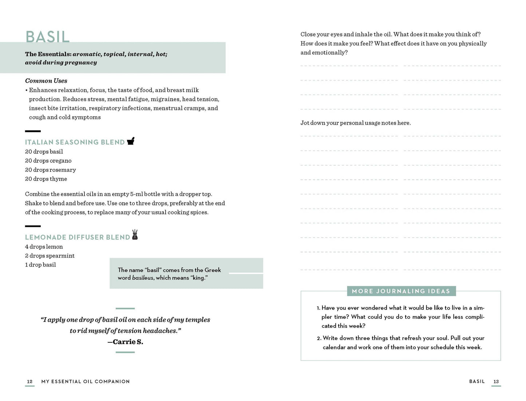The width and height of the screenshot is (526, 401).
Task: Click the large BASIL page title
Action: coord(47,37)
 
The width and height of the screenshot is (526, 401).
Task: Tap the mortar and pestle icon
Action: coord(131,141)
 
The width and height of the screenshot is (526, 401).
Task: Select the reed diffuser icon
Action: coord(135,235)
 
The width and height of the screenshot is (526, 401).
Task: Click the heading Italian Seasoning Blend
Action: coord(75,142)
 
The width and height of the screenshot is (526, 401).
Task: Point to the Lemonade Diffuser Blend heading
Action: coord(77,237)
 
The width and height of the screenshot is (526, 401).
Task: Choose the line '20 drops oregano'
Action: coord(48,161)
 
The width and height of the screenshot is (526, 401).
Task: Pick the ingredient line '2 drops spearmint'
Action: coord(50,256)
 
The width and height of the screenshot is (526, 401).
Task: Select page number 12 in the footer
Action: coord(30,382)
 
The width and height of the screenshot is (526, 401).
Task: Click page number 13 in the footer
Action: coord(496,382)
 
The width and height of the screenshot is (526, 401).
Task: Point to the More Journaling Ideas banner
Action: coord(401,291)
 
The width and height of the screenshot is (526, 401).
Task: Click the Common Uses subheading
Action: coord(46,81)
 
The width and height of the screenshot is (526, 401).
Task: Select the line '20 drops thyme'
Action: coord(46,179)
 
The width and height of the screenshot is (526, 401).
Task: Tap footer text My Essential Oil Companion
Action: coord(86,382)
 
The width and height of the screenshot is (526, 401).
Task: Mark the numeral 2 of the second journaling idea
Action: coord(319,338)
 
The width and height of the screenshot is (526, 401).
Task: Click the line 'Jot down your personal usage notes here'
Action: coord(355,123)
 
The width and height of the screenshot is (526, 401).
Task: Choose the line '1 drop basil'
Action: coord(40,265)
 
